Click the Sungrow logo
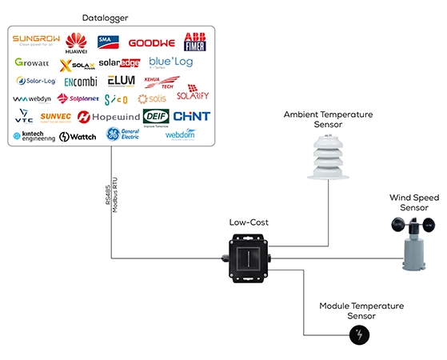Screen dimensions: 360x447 [36, 41]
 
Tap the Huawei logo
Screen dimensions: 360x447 [76, 42]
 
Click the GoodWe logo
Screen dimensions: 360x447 [151, 42]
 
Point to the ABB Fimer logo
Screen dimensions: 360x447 [195, 42]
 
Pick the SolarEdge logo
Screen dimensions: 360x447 [119, 62]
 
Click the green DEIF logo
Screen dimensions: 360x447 [156, 117]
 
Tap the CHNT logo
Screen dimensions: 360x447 [192, 117]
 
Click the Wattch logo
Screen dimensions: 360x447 [78, 137]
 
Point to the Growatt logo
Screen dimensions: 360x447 [33, 62]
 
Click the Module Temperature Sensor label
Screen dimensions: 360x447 [361, 311]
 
